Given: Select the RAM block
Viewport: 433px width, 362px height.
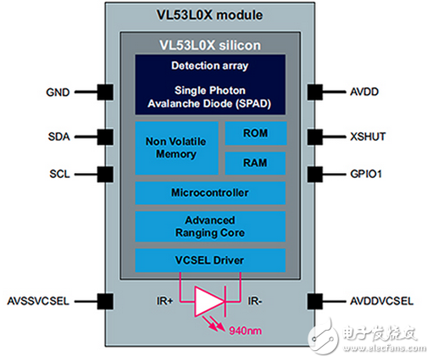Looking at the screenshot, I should click(x=255, y=163).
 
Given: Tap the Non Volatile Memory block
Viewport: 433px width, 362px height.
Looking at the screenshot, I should click(x=175, y=148).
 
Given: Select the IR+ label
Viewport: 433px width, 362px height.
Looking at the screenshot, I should click(x=164, y=300).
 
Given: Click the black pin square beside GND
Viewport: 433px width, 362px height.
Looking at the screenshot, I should click(x=105, y=92).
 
